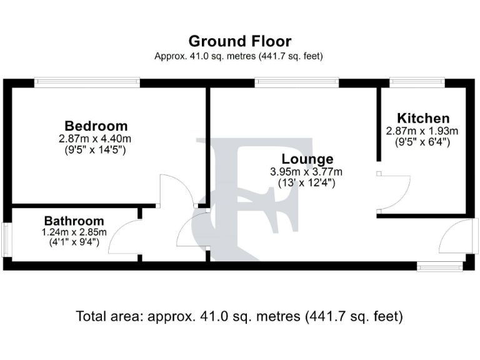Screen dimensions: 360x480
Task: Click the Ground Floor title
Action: tap(239, 41)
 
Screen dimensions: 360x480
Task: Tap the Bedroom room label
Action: tap(96, 126)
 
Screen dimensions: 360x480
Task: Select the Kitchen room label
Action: tap(423, 118)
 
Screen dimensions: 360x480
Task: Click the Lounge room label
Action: tap(307, 159)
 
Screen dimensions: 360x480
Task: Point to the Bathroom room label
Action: tap(74, 221)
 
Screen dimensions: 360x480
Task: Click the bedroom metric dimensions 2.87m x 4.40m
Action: tap(96, 138)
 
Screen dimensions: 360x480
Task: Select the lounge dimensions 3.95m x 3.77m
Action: tap(307, 172)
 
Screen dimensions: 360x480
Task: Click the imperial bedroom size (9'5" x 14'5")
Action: tap(96, 150)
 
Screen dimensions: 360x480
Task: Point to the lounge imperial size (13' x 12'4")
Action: tap(307, 184)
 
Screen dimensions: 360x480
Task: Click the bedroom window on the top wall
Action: tap(87, 82)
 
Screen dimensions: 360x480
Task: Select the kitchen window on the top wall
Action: tap(417, 82)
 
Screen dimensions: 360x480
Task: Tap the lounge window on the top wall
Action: tap(297, 82)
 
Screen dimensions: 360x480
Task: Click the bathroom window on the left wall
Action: tap(6, 239)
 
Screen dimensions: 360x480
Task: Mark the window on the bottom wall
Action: tap(440, 267)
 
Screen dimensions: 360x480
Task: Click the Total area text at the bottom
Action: tap(239, 316)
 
